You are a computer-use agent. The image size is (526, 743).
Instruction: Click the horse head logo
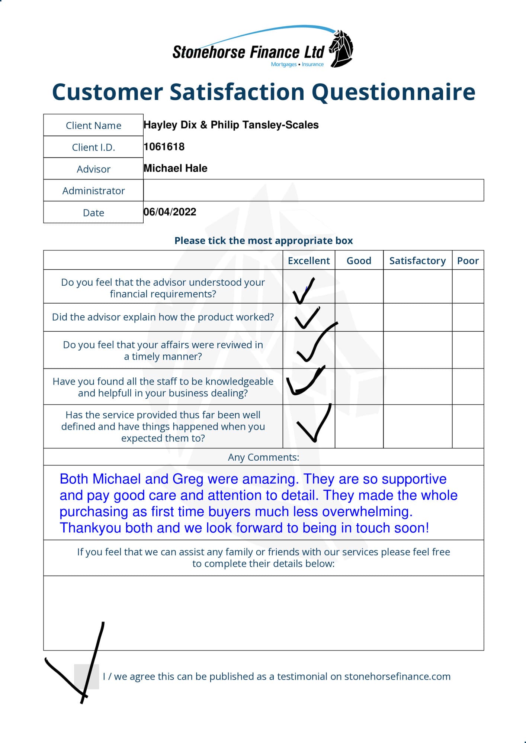[341, 48]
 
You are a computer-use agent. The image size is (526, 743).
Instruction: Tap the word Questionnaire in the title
[393, 92]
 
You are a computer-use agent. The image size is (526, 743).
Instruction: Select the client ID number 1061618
[164, 147]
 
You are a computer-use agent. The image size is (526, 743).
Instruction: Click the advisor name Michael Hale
[175, 168]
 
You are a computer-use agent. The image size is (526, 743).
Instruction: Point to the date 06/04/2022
[170, 212]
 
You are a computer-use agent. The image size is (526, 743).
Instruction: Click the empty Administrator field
[313, 190]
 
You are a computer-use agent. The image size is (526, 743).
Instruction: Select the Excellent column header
[309, 260]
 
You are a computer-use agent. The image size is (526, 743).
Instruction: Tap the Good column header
[359, 260]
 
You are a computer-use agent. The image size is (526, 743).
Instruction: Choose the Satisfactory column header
[417, 260]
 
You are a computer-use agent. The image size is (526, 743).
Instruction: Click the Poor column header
[468, 260]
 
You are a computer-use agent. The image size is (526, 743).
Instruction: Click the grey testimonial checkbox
[86, 677]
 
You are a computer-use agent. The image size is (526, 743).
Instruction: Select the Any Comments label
[263, 457]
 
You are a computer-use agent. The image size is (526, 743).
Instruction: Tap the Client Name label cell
[93, 125]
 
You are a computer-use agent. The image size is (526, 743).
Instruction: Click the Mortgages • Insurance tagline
[297, 64]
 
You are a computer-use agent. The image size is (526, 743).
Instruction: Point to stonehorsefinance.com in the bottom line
[397, 676]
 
